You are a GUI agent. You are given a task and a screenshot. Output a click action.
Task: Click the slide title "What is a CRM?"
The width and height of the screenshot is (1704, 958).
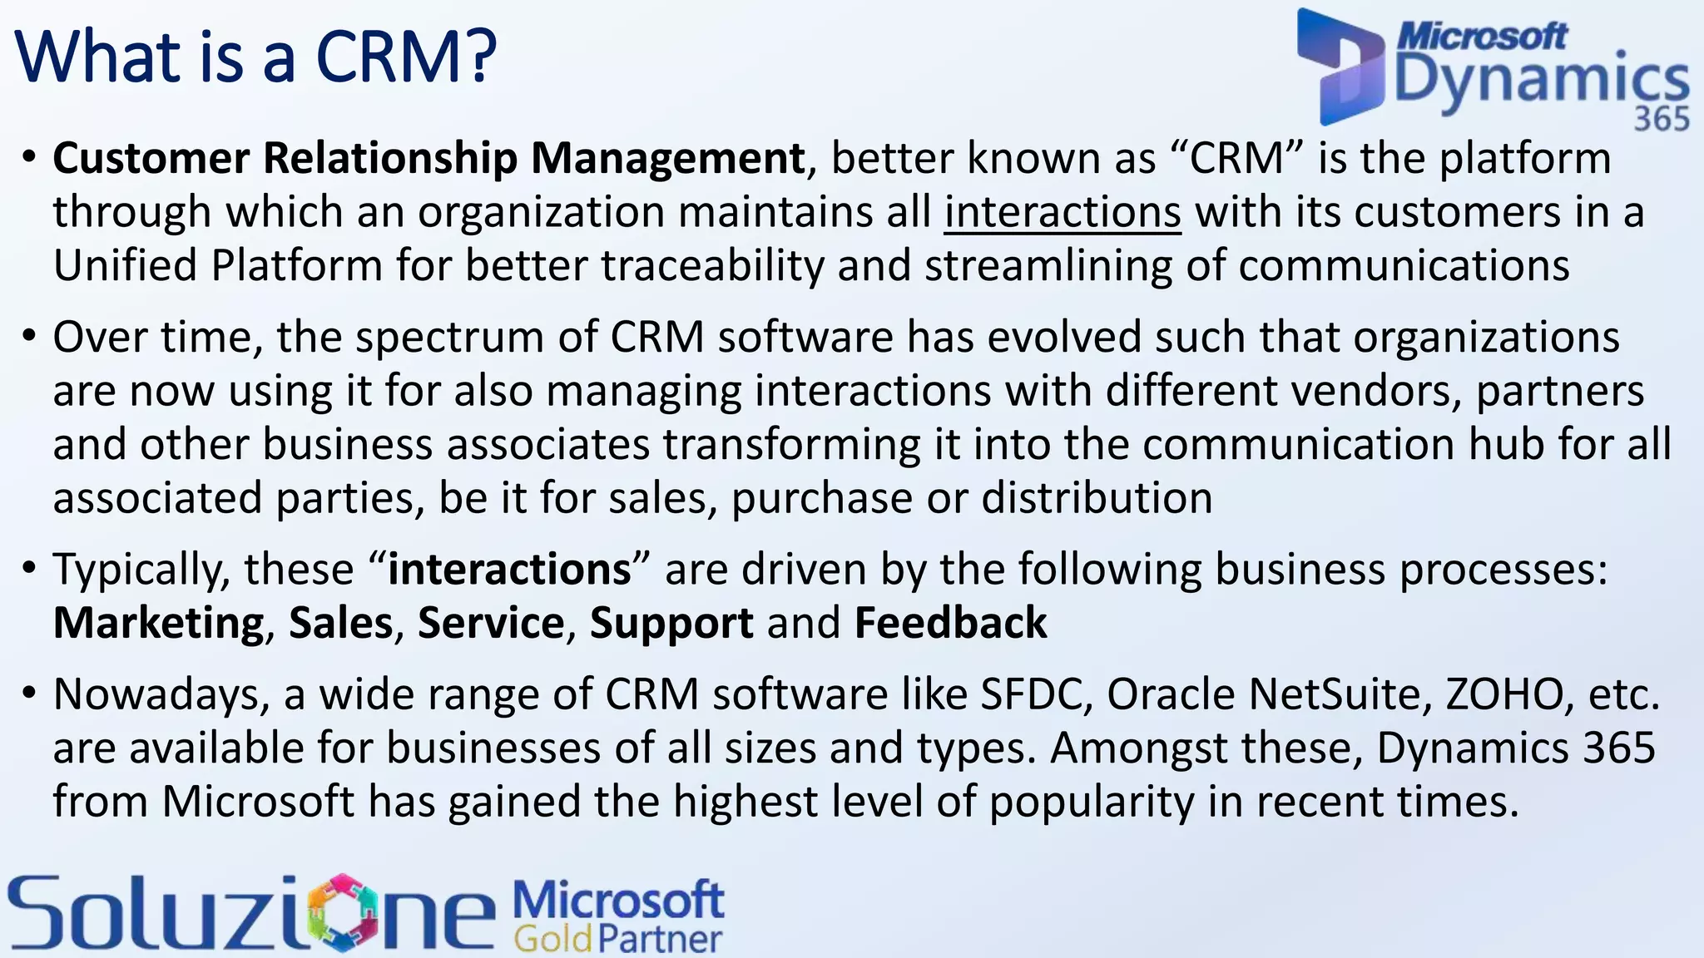point(255,57)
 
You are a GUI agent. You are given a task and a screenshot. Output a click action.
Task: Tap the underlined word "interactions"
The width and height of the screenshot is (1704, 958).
point(1062,212)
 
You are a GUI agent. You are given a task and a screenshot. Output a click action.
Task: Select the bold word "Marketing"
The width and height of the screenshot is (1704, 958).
point(158,624)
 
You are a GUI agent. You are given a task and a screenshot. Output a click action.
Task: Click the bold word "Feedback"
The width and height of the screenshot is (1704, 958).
point(950,624)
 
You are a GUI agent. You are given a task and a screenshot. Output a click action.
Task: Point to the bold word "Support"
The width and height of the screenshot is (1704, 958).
point(671,624)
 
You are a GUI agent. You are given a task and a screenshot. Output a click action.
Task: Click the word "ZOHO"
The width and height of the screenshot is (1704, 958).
point(1504,694)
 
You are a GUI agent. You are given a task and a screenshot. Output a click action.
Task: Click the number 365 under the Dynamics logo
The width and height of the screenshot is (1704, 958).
point(1662,119)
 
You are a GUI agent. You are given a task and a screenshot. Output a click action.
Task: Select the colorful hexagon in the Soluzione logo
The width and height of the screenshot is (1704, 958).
point(343,912)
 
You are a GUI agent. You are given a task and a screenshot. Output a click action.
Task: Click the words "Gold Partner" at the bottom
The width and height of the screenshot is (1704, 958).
point(617,939)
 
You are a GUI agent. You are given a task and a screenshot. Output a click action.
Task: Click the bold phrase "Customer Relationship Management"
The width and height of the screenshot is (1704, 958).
point(428,158)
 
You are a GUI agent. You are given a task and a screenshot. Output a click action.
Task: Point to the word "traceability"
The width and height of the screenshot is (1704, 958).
point(712,266)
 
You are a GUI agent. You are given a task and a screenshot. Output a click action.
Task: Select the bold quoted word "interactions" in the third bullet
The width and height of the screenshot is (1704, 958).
point(509,570)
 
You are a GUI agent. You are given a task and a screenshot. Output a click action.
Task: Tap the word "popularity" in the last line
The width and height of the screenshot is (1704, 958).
point(1091,802)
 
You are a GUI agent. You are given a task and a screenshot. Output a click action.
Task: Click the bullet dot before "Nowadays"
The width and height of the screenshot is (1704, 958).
point(30,693)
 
